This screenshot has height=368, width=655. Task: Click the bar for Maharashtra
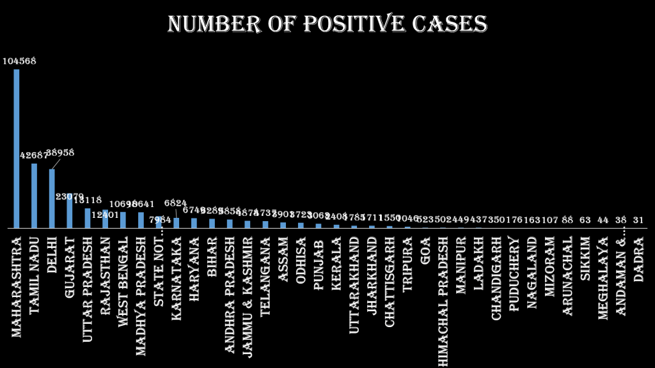[x=17, y=148]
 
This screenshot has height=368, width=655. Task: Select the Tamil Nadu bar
[x=35, y=195]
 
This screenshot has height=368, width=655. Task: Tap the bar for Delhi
[x=52, y=198]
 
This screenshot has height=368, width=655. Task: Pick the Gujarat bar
[x=70, y=211]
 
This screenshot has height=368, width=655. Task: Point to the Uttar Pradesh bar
[x=88, y=218]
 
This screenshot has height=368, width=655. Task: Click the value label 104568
[x=19, y=61]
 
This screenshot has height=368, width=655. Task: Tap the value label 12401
[x=105, y=214]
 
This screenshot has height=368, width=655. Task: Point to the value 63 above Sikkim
[x=585, y=220]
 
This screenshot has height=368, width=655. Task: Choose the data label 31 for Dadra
[x=638, y=220]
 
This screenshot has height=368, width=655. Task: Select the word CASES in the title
[x=449, y=24]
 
